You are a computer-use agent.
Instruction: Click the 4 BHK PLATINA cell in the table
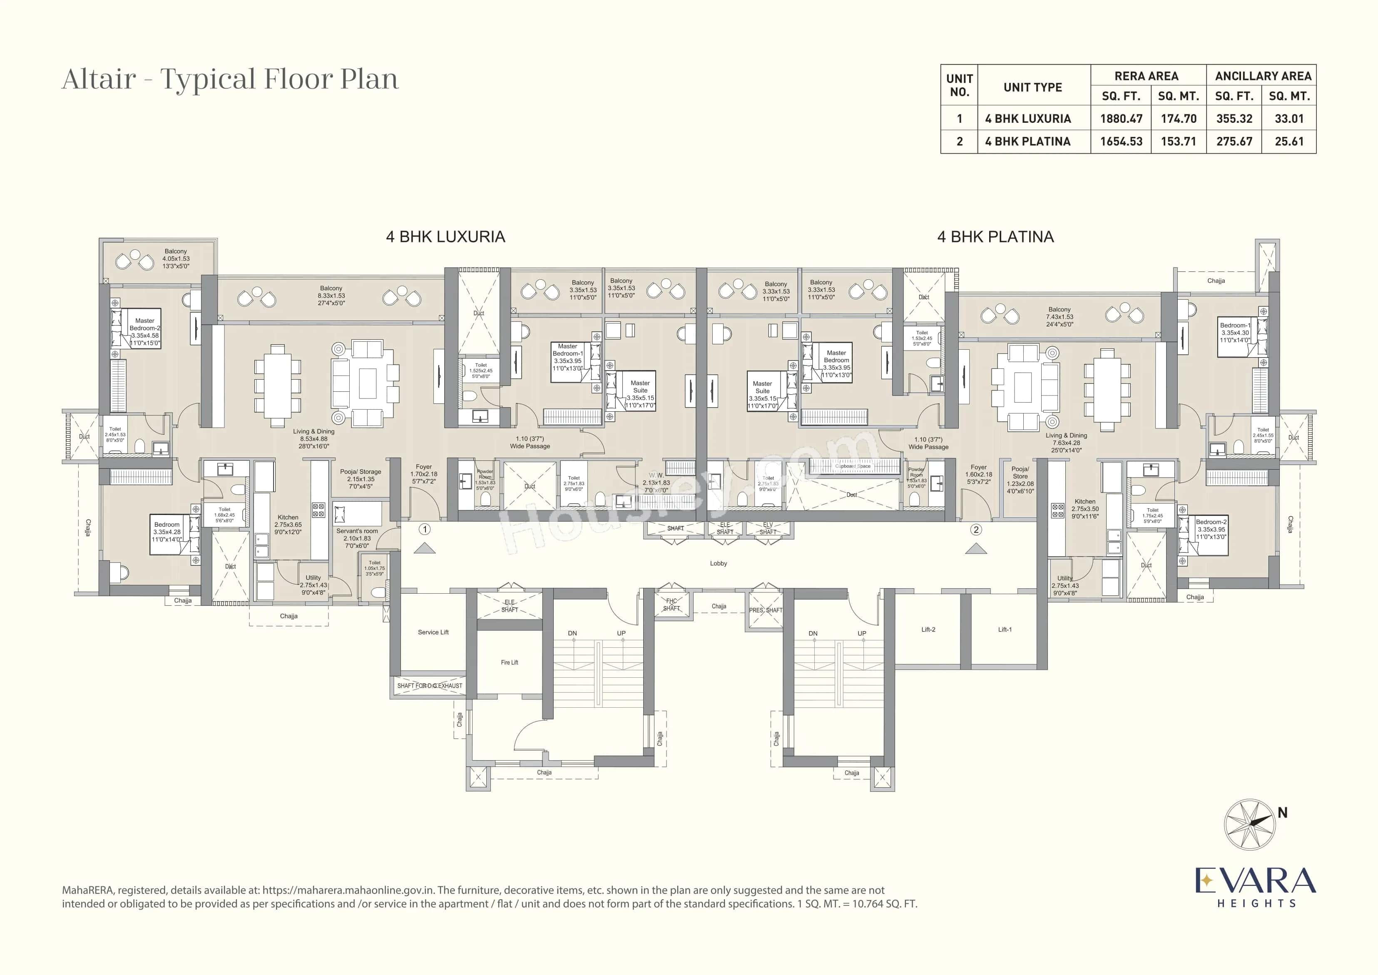[1027, 141]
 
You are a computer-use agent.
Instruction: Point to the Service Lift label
[433, 632]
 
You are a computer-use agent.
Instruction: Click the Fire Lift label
[509, 662]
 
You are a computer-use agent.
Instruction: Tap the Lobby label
[718, 563]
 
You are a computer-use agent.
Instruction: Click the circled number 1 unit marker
[425, 529]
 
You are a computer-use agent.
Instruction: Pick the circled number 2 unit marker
[976, 530]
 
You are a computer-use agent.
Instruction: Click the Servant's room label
[357, 531]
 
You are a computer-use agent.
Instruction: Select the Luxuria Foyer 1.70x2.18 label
[423, 474]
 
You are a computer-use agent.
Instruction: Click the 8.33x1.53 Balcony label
[331, 296]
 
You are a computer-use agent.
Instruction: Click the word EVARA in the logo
[1254, 881]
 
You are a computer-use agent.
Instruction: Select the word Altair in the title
[99, 79]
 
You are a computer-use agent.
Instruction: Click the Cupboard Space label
[852, 466]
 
